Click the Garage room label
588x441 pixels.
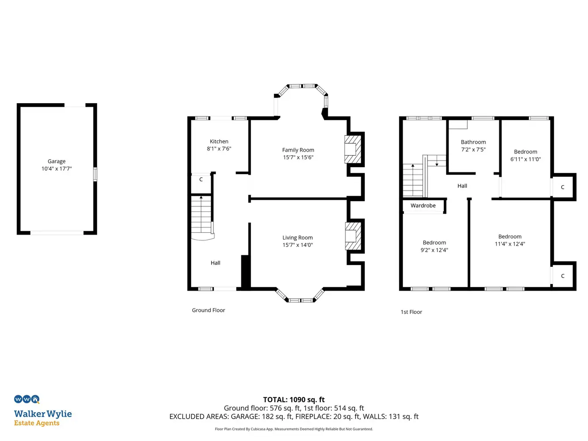pos(56,161)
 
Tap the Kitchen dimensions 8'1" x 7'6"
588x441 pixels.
pos(219,149)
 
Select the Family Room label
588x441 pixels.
pos(298,150)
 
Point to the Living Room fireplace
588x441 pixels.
pos(353,236)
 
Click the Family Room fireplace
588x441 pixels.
pos(352,149)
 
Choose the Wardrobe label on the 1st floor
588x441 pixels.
pos(423,206)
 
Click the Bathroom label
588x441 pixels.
pos(473,142)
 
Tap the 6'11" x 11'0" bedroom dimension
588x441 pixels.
pos(525,159)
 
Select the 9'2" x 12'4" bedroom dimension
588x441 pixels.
pos(434,250)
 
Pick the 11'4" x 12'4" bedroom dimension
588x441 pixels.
pos(510,244)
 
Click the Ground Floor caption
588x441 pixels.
pos(208,310)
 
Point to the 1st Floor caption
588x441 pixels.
pos(411,312)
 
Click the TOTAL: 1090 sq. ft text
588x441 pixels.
pos(294,400)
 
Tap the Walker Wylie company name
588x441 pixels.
pos(43,414)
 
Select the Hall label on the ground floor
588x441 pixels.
pos(215,263)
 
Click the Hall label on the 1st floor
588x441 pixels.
pos(462,186)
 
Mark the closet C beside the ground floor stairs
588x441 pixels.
pos(201,179)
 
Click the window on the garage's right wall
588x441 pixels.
pos(95,174)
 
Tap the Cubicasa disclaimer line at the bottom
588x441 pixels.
pos(294,429)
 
